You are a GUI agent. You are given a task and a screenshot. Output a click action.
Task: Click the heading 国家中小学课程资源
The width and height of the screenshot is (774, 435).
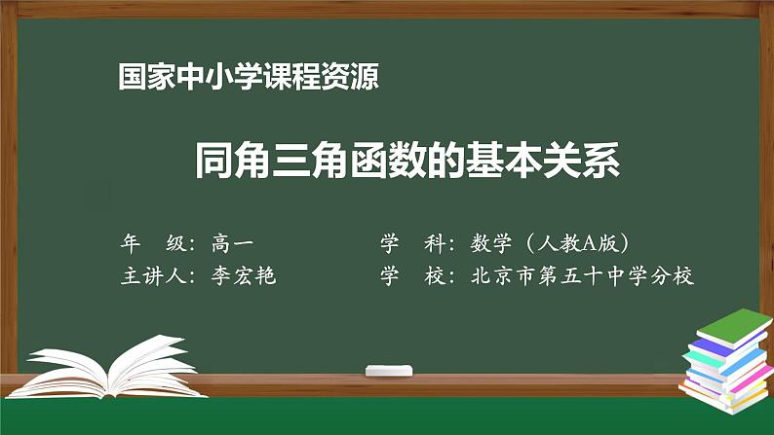click(248, 77)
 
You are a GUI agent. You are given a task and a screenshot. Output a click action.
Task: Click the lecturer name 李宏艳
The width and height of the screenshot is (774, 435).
click(244, 275)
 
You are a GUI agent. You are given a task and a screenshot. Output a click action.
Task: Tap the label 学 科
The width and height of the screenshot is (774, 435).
click(414, 242)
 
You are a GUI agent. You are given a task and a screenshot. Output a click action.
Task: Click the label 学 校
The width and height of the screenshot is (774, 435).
click(414, 275)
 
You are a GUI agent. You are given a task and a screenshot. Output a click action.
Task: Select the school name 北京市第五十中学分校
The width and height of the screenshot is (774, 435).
click(582, 275)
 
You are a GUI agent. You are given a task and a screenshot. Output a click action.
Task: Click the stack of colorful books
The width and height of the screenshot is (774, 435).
click(726, 360)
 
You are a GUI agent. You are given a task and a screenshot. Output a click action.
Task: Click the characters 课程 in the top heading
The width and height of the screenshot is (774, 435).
click(270, 77)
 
